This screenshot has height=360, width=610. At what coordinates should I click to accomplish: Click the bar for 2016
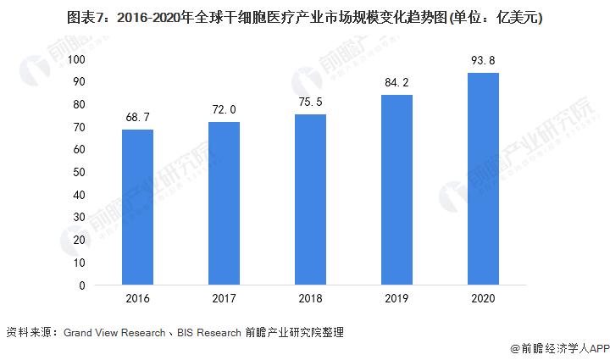tap(137, 208)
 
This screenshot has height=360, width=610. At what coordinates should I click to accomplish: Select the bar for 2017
tap(224, 203)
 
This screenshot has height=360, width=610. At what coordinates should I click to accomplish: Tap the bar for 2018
tap(310, 200)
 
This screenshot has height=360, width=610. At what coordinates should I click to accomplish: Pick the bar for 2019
tap(396, 190)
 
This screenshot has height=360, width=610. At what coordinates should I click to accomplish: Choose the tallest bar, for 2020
tap(483, 179)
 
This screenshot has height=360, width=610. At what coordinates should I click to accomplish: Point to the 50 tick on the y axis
tap(79, 172)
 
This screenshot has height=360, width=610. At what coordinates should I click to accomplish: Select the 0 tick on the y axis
tap(82, 285)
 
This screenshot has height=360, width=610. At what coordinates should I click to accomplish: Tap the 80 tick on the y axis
tap(79, 104)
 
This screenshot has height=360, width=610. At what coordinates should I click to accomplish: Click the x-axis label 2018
tap(310, 300)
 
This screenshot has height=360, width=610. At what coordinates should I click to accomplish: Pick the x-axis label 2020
tap(483, 300)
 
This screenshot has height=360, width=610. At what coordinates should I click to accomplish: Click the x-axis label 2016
tap(137, 300)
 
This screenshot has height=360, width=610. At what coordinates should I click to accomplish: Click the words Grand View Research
tap(114, 333)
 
